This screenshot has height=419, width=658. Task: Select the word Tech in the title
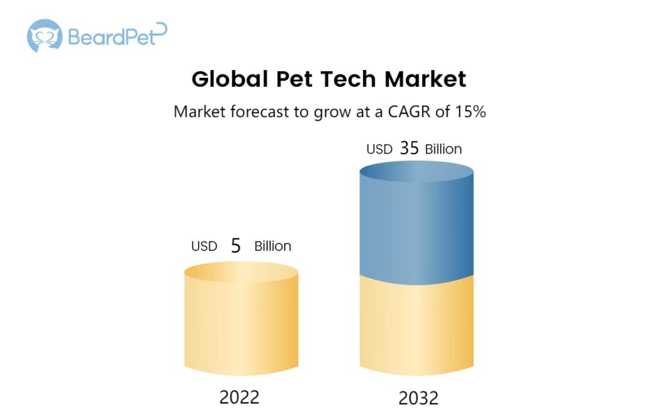click(x=348, y=79)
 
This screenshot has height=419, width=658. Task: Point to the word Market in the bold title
click(x=425, y=79)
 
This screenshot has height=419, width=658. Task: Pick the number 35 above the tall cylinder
click(x=409, y=148)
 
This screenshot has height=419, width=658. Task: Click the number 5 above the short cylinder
click(x=236, y=246)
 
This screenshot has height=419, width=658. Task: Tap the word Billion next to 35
click(x=443, y=149)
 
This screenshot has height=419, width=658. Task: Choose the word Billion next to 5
click(x=272, y=246)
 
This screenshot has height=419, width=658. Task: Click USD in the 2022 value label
click(x=204, y=246)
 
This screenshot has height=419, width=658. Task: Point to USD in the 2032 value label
click(x=379, y=149)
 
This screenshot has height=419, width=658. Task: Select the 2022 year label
click(x=239, y=397)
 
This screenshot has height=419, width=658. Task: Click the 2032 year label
click(x=418, y=398)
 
